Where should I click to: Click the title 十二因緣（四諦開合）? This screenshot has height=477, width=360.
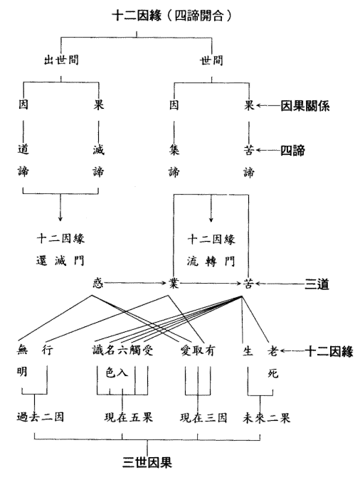pos(172,16)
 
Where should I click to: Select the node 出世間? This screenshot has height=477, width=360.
pos(61,60)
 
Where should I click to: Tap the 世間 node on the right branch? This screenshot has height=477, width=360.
pos(211,60)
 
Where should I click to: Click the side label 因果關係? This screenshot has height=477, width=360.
pos(305,106)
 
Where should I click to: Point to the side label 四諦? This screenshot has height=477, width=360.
pos(292,150)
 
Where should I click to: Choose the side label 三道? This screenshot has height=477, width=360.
pos(317,284)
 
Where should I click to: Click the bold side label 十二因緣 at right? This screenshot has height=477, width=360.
pos(329,351)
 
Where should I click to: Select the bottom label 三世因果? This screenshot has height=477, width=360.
pos(147,462)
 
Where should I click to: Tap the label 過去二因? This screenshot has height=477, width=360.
pos(41,417)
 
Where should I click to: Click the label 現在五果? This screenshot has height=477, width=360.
pos(128,417)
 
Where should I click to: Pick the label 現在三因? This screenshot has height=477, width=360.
pos(203,417)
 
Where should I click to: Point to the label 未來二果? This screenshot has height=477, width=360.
pos(266,418)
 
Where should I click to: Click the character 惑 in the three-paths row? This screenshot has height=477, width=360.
pos(98,283)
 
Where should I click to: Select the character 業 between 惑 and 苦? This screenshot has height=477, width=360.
pos(174,284)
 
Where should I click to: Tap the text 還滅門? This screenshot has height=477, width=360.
pos(60,261)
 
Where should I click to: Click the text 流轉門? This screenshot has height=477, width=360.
pos(211,262)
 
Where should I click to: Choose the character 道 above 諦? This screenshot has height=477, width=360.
pos(23,149)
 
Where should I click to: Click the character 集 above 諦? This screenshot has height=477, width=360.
pos(174,150)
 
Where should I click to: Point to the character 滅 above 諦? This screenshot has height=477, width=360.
pos(98,150)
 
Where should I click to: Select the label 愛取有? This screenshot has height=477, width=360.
pos(198,350)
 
